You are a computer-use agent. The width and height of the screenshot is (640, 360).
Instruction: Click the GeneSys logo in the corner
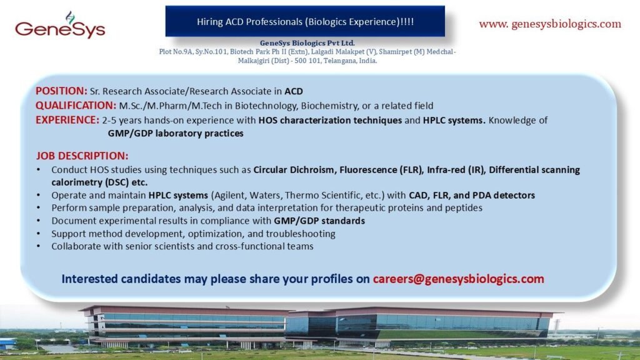59,26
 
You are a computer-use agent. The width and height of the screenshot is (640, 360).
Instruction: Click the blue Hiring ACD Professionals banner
305,21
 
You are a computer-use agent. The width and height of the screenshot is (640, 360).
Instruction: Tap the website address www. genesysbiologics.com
550,24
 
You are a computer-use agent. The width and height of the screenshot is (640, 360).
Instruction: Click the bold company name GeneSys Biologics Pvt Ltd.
307,42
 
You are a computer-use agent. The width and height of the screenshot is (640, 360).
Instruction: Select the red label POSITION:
61,91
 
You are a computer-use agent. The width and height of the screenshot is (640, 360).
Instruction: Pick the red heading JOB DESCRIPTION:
82,156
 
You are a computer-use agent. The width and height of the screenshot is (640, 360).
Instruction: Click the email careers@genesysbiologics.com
458,279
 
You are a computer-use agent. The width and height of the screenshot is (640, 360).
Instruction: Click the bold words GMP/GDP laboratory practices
176,133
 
